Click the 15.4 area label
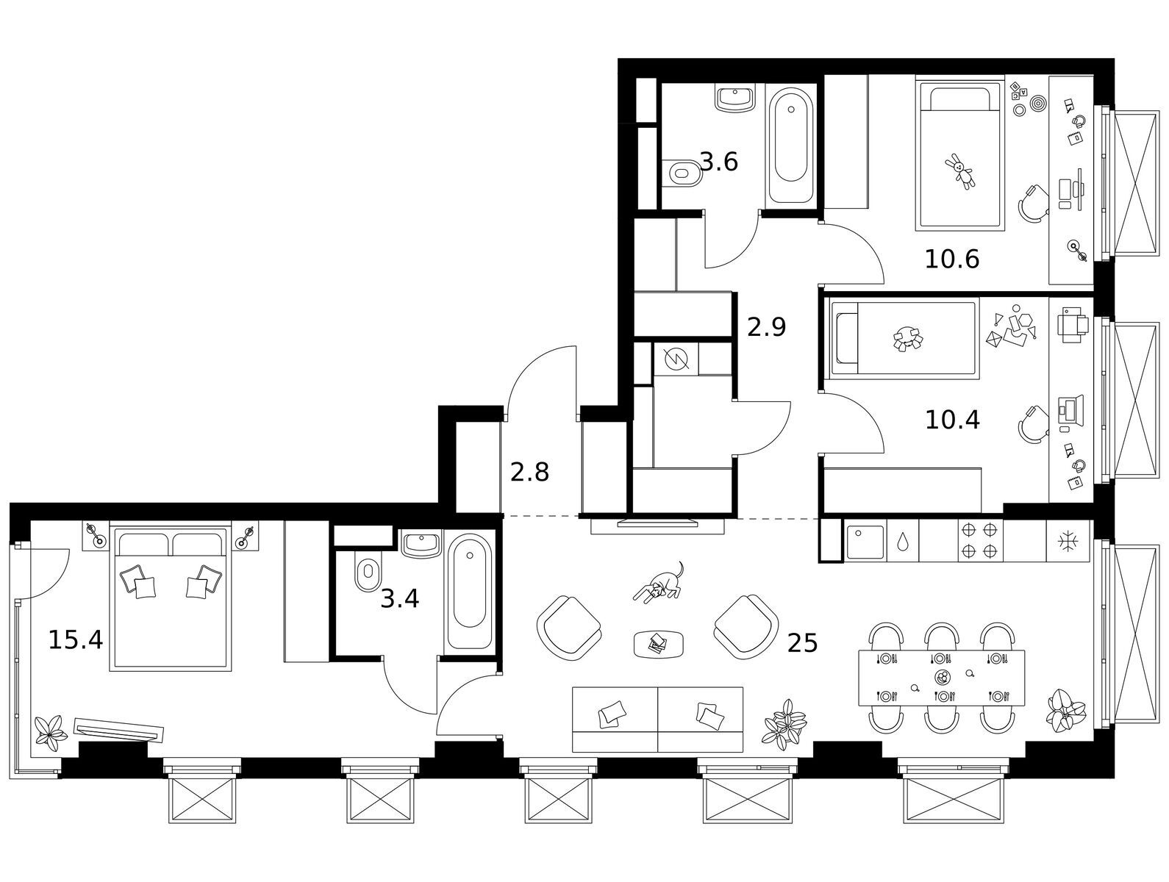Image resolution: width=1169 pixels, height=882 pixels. (75, 639)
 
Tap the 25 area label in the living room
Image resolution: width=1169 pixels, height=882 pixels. (802, 644)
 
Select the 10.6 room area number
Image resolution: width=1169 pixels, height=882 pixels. (951, 259)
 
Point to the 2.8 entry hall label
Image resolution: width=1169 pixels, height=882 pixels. (529, 472)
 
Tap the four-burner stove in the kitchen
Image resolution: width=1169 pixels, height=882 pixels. (981, 540)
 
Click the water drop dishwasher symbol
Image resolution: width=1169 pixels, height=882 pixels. (903, 542)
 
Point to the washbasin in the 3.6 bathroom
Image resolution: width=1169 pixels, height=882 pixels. (735, 98)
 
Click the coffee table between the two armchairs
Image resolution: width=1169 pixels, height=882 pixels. (659, 645)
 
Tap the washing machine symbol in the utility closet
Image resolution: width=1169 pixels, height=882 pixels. (676, 359)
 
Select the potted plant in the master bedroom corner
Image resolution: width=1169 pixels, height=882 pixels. (51, 734)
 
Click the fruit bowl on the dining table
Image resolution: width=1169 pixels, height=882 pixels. (942, 677)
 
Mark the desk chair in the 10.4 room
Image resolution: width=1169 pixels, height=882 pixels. (1033, 424)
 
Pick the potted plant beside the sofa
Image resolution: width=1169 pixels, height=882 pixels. (784, 725)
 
